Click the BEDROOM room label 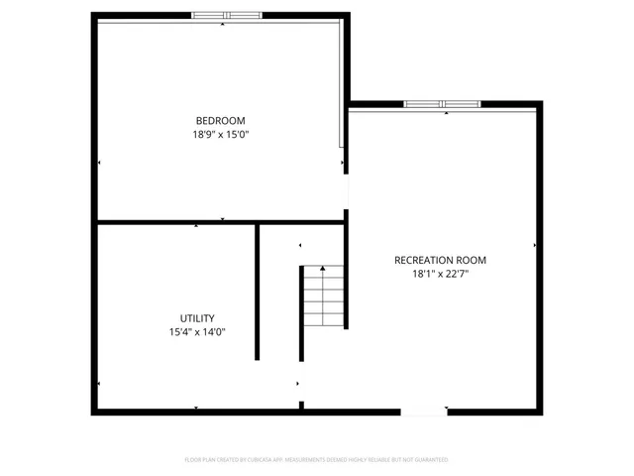point(220,120)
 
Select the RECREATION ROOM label point(440,260)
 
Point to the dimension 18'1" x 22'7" point(440,274)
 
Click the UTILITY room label point(197,318)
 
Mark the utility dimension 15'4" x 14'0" point(197,332)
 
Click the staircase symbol point(324,297)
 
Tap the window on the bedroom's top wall point(227,15)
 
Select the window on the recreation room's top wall point(443,103)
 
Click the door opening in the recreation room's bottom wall point(423,411)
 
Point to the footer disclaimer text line point(317,460)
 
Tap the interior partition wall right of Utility point(258,293)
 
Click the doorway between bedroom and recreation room point(346,193)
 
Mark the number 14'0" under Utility point(213,332)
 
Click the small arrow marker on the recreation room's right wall point(535,244)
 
